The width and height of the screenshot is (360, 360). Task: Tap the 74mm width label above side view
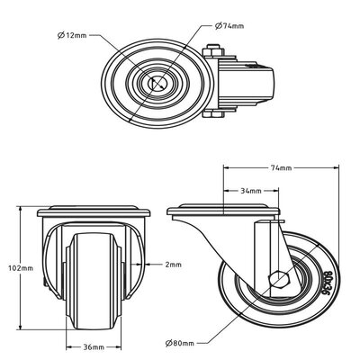click(x=281, y=167)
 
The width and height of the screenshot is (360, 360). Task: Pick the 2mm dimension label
click(x=174, y=265)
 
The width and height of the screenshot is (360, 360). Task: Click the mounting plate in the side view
click(x=220, y=212)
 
